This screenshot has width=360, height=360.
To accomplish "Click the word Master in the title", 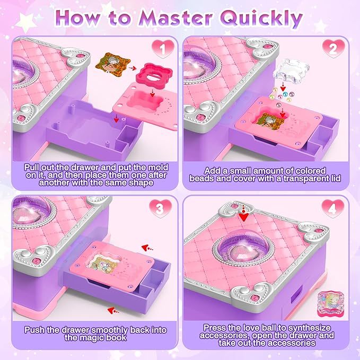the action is tap(175, 19).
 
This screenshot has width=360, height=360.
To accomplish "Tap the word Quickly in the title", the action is tap(261, 19).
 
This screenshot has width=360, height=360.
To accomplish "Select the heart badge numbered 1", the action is tap(163, 48).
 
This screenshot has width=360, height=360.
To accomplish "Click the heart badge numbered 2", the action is tap(333, 48).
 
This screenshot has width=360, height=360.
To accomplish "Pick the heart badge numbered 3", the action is tap(160, 208).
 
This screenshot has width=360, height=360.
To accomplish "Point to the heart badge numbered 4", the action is tap(332, 208).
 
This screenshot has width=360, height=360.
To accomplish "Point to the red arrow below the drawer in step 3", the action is tap(113, 311).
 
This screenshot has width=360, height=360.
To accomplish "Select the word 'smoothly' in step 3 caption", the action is tap(110, 330).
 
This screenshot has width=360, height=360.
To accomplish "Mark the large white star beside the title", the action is tap(25, 22).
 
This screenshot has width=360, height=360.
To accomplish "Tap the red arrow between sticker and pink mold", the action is tap(132, 68).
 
